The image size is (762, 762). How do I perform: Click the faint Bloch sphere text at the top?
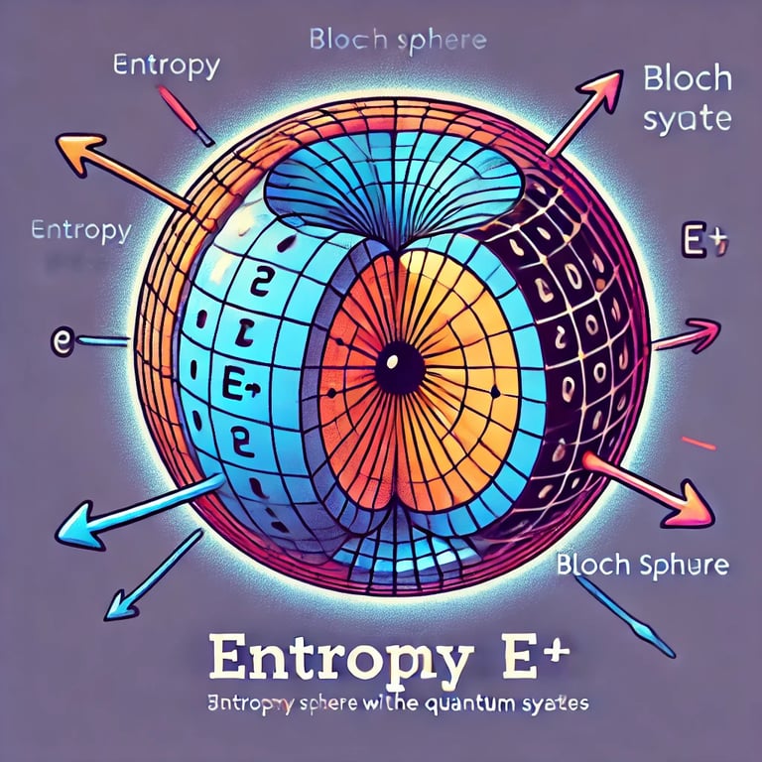pos(397,42)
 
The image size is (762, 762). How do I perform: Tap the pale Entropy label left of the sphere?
pos(81,231)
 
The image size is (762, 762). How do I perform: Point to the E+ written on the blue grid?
pos(242,384)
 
